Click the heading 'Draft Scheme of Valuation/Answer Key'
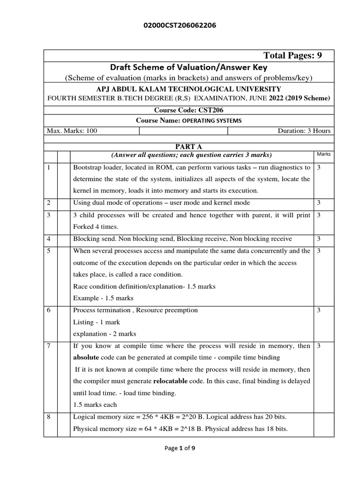(x=188, y=67)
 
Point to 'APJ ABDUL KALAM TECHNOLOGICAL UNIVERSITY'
(x=189, y=89)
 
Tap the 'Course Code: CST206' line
(x=188, y=110)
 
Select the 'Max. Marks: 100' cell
(x=72, y=131)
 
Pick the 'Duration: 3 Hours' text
(x=304, y=131)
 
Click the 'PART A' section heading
(x=188, y=147)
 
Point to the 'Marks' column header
(x=323, y=154)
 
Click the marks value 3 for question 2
(x=319, y=202)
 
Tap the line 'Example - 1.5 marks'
(x=103, y=298)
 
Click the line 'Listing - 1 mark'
(x=97, y=322)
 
